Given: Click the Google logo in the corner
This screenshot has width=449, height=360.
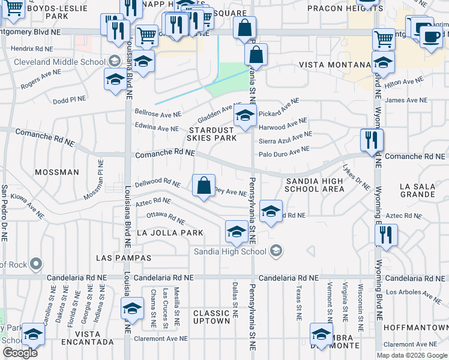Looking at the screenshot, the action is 20,353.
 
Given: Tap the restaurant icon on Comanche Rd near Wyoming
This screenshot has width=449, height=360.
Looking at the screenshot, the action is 372,140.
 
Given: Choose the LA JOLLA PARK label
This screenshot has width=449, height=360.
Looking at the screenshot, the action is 170,232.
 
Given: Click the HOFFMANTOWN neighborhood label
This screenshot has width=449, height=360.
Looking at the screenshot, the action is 423,328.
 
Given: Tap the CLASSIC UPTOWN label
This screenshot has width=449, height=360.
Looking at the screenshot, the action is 212,317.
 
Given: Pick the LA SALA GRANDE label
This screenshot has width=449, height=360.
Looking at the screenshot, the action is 417,190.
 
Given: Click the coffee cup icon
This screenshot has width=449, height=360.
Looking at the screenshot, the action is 430,37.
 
